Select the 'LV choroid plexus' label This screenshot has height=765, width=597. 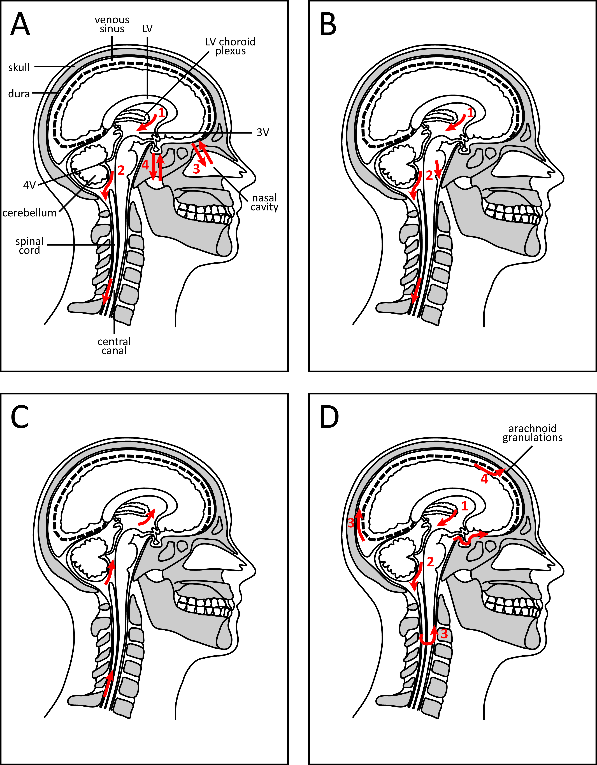[x=230, y=46]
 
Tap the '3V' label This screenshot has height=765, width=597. [x=263, y=132]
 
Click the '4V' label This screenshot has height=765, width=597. [x=29, y=185]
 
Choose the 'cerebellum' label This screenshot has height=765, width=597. [x=29, y=213]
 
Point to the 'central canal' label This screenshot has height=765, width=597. [x=114, y=346]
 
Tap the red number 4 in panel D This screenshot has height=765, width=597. [x=484, y=479]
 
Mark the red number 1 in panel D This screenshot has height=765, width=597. [x=465, y=506]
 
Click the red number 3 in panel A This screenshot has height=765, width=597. [x=196, y=169]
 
